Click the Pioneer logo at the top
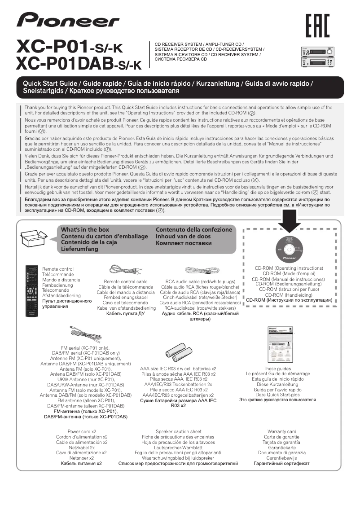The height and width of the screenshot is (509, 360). [x=68, y=20]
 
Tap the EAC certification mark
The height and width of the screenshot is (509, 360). [x=317, y=26]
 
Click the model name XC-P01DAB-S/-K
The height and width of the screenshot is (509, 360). [x=78, y=64]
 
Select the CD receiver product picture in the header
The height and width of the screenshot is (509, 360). [x=317, y=57]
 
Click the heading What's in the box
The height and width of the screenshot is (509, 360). [x=85, y=229]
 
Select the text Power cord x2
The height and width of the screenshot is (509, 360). [x=82, y=431]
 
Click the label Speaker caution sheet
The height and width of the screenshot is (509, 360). [x=178, y=431]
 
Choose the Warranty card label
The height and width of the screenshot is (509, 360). [x=281, y=431]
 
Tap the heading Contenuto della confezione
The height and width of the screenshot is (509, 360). [x=194, y=229]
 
